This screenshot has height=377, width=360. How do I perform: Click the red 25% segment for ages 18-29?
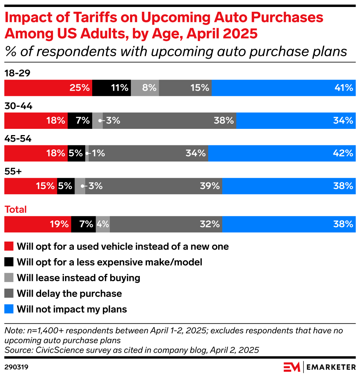click(x=48, y=88)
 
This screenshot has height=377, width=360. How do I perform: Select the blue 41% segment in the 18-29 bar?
click(x=283, y=88)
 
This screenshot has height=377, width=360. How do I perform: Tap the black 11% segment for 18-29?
click(x=111, y=88)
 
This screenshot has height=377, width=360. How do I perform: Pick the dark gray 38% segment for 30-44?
click(x=169, y=120)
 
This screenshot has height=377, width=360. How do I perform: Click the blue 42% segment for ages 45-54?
click(x=282, y=153)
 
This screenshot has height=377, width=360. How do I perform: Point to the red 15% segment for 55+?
click(x=30, y=186)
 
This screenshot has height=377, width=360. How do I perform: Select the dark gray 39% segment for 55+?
click(x=154, y=186)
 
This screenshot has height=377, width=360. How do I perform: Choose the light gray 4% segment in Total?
click(x=102, y=224)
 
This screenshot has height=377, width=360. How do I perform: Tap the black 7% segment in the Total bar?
click(x=83, y=224)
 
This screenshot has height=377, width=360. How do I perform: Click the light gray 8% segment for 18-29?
click(x=145, y=88)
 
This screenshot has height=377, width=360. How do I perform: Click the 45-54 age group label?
click(x=18, y=139)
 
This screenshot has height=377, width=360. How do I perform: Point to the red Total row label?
click(x=15, y=210)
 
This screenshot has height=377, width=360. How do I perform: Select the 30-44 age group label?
click(x=18, y=106)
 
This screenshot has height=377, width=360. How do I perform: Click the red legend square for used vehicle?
click(x=9, y=246)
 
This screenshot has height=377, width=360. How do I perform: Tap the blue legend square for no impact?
click(x=9, y=309)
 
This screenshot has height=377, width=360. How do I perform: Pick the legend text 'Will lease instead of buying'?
click(x=78, y=278)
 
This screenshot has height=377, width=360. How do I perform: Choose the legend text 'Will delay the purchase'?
click(x=69, y=294)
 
